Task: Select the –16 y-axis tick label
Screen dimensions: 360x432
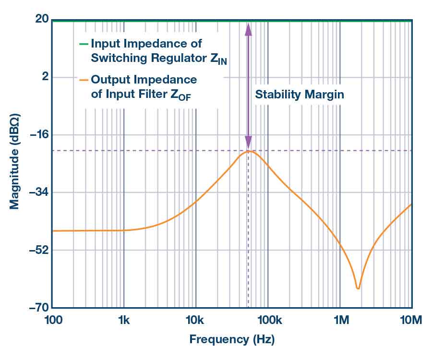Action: (38, 135)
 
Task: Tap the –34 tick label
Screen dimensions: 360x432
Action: (38, 192)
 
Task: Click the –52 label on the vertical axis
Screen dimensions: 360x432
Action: (38, 250)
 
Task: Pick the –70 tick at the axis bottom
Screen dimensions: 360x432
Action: (38, 308)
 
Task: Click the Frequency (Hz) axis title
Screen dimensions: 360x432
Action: (232, 340)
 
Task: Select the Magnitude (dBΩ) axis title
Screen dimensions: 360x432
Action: (14, 163)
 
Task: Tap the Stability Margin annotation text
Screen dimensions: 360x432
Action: (300, 94)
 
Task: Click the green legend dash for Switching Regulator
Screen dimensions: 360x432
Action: (84, 44)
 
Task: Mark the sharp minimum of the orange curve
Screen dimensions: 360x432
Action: (358, 288)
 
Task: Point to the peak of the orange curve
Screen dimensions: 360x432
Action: (249, 151)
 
